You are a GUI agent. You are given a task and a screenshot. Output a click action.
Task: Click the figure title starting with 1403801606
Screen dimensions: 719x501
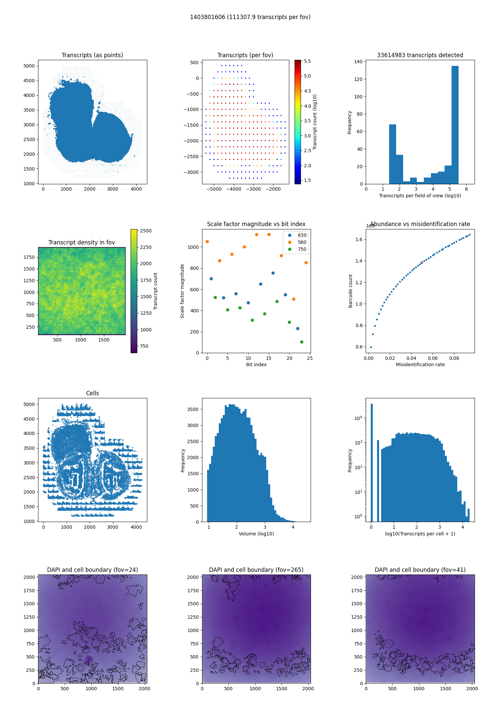[250, 17]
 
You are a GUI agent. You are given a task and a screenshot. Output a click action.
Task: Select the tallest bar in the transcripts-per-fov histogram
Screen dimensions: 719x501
[455, 124]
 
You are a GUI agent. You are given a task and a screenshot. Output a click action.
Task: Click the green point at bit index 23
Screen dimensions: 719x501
[302, 342]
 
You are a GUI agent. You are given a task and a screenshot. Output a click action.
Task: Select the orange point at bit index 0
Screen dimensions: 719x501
[207, 241]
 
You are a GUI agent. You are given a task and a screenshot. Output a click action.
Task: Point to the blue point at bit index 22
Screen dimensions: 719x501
[298, 328]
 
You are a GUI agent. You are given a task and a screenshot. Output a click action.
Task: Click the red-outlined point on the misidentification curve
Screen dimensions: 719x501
[422, 263]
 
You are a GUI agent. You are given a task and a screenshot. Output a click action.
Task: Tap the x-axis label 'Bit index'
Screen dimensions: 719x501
[256, 365]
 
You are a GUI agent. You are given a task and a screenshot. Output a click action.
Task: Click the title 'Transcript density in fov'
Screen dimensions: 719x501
[81, 242]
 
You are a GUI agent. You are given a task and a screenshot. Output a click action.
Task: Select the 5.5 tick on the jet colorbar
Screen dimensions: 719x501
[307, 61]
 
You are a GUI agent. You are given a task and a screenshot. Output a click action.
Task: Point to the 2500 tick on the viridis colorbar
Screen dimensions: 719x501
[146, 231]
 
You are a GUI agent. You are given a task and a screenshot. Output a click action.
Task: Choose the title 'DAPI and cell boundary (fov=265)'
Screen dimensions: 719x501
[256, 570]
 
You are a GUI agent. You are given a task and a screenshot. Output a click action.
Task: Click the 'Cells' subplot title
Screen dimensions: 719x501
[93, 393]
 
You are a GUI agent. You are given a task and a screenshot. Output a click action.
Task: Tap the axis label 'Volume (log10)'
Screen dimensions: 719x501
[256, 534]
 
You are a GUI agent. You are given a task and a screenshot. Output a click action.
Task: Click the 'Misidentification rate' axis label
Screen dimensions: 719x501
[420, 365]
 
